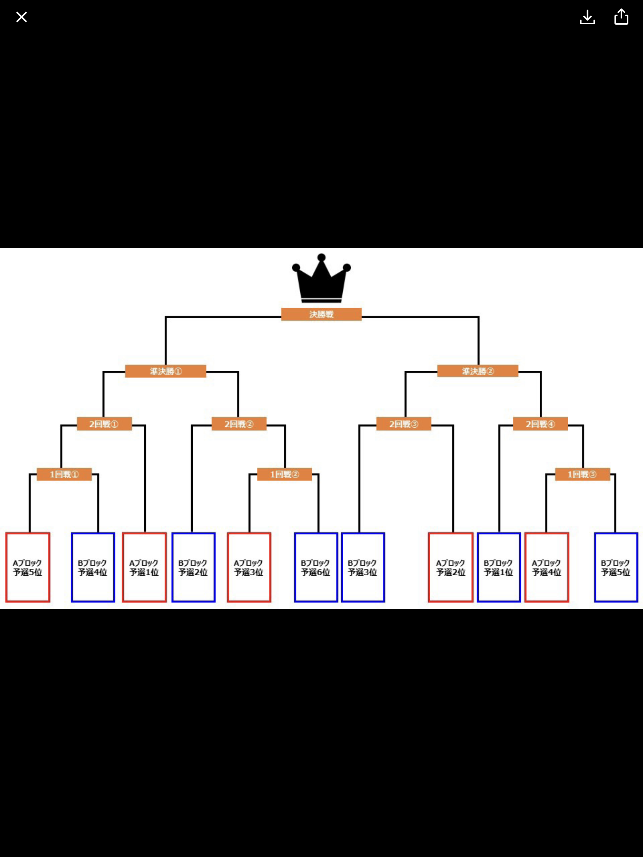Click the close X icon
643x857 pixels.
click(x=22, y=17)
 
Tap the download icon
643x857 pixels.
click(x=587, y=17)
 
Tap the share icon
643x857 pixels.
click(x=621, y=17)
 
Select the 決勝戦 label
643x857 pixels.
click(x=321, y=314)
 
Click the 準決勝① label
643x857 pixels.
click(x=165, y=371)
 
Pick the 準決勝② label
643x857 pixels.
click(x=478, y=371)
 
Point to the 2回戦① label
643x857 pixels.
click(x=104, y=424)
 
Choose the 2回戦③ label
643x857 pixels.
click(x=404, y=424)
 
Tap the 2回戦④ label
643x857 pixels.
click(x=540, y=424)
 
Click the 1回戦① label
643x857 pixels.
click(x=64, y=474)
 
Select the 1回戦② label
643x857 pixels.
click(x=284, y=474)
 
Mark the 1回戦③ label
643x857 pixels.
click(x=582, y=474)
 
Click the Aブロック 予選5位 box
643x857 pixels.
click(x=28, y=567)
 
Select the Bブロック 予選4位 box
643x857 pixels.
click(x=93, y=567)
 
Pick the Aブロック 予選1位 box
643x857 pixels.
click(x=144, y=567)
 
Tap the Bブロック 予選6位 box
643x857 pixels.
click(x=316, y=567)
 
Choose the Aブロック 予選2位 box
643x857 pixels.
click(x=451, y=567)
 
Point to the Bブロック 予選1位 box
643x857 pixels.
click(x=499, y=567)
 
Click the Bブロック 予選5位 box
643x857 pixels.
click(x=616, y=567)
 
